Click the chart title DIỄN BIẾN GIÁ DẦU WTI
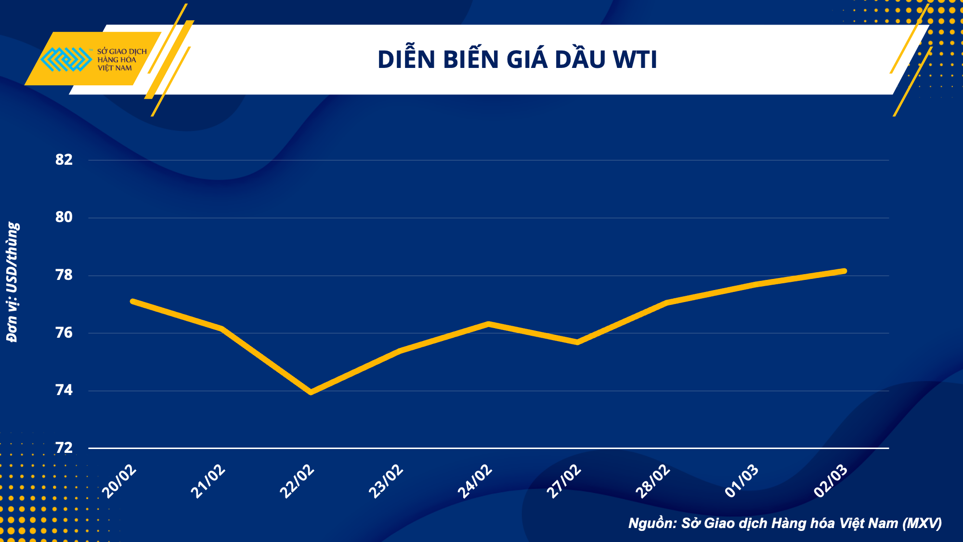(x=517, y=60)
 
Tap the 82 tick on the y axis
(x=64, y=160)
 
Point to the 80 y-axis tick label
(x=64, y=217)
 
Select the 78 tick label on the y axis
(x=64, y=275)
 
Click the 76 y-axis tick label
(x=64, y=333)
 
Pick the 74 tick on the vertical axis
(x=64, y=390)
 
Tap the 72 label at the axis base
(x=64, y=448)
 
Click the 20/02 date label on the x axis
(x=119, y=481)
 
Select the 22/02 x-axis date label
(x=297, y=481)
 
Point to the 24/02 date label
(x=475, y=481)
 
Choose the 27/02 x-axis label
(x=564, y=481)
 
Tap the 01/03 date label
(x=742, y=481)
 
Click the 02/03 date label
(x=831, y=481)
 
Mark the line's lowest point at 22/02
(x=311, y=392)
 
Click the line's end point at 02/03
(x=844, y=271)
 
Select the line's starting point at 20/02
(x=133, y=301)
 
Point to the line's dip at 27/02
(x=577, y=342)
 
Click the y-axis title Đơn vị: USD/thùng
(x=13, y=282)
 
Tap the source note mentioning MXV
(x=785, y=523)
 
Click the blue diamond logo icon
(x=66, y=59)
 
